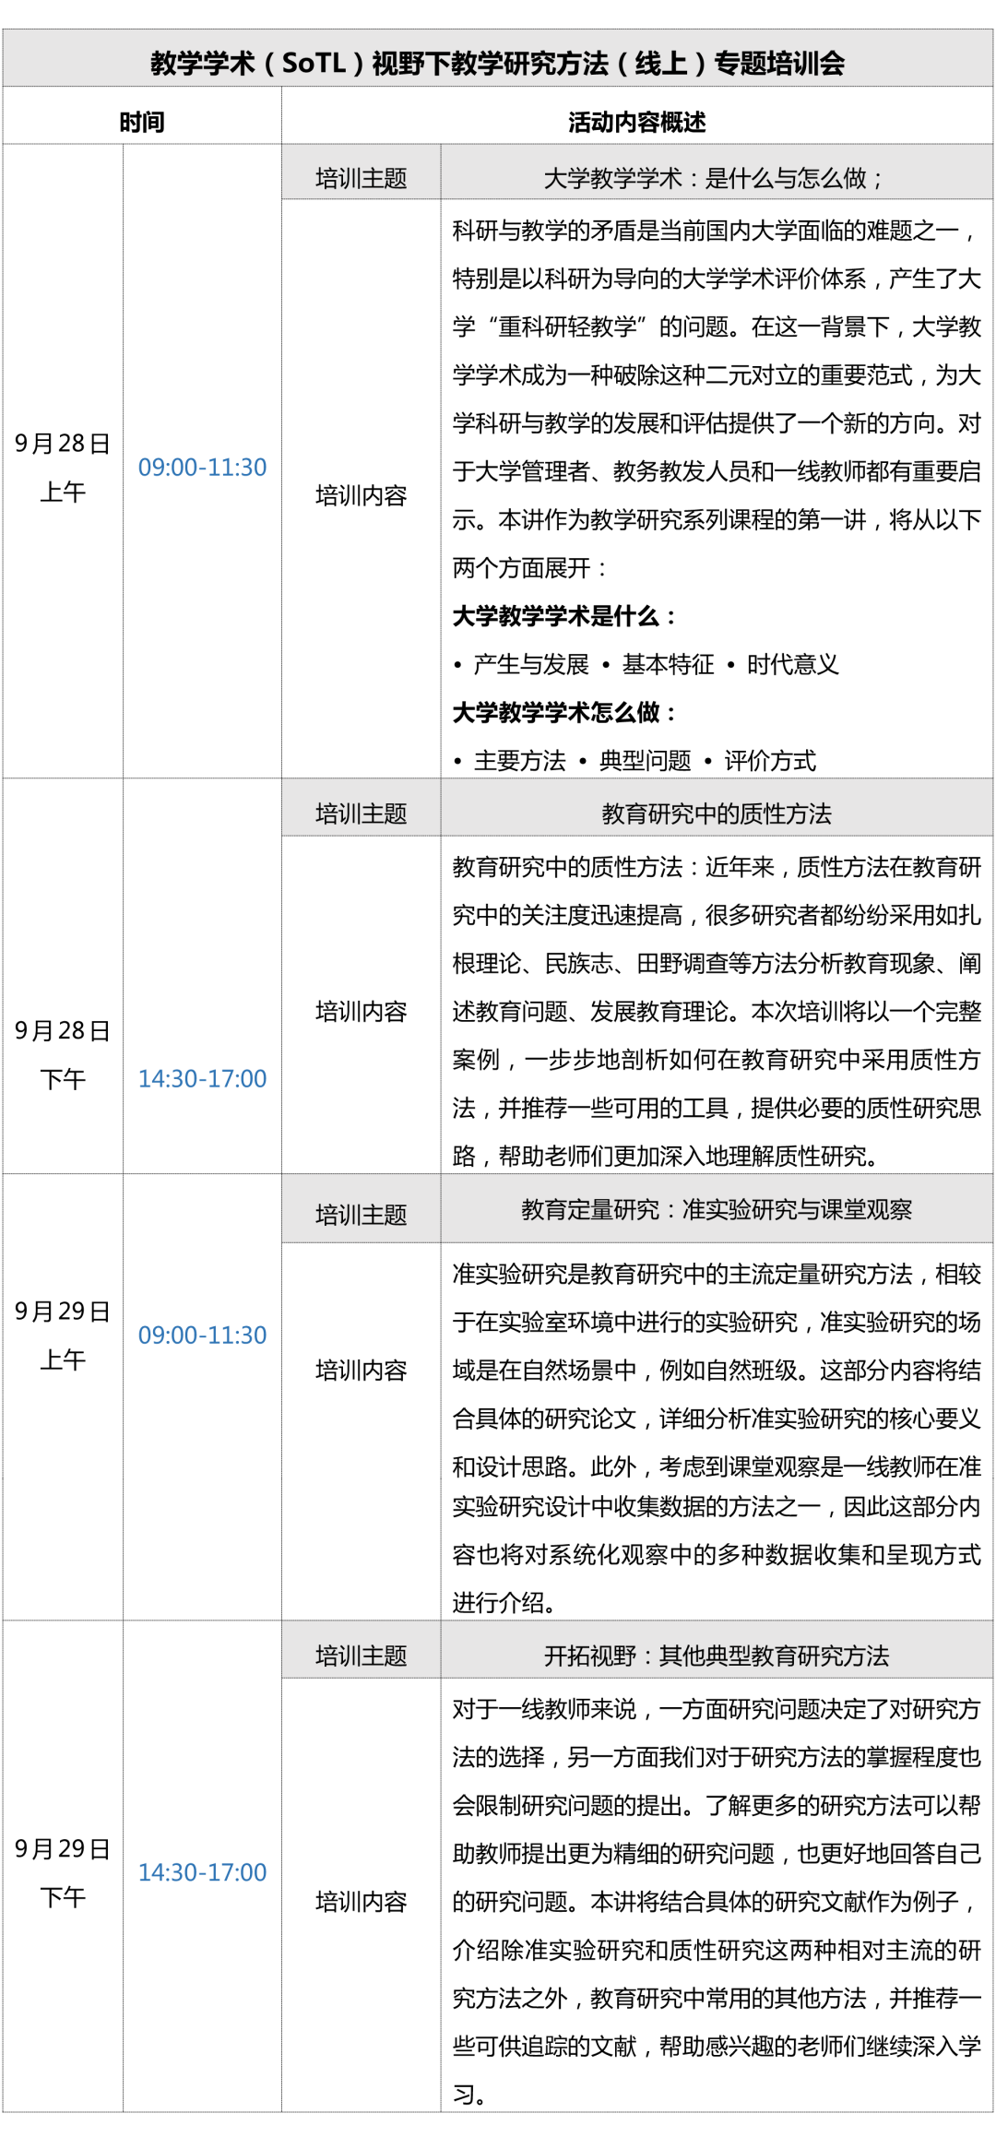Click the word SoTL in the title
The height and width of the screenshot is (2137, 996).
pyautogui.click(x=314, y=63)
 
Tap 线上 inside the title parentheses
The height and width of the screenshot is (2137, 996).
pyautogui.click(x=661, y=63)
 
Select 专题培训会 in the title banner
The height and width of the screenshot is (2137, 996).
pyautogui.click(x=779, y=63)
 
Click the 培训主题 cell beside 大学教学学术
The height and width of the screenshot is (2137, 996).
pyautogui.click(x=361, y=177)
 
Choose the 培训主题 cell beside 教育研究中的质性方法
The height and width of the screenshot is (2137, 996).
pyautogui.click(x=361, y=813)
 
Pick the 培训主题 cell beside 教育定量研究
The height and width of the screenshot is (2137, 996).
pyautogui.click(x=361, y=1214)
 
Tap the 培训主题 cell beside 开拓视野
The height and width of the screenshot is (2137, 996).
pyautogui.click(x=361, y=1655)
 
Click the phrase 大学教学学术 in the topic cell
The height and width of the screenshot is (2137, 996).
pyautogui.click(x=612, y=177)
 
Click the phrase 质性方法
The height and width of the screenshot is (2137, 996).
pyautogui.click(x=785, y=813)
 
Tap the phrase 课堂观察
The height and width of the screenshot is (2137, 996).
pyautogui.click(x=866, y=1208)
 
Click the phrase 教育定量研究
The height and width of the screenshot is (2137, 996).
pyautogui.click(x=590, y=1208)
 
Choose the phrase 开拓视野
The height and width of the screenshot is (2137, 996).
pyautogui.click(x=590, y=1655)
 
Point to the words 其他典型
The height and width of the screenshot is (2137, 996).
pyautogui.click(x=705, y=1655)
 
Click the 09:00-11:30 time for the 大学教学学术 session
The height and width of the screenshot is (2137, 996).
pyautogui.click(x=202, y=467)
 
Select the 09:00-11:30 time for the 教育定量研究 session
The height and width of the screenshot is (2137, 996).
pyautogui.click(x=202, y=1335)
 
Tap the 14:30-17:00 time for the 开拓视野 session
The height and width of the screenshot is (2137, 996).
pyautogui.click(x=202, y=1871)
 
